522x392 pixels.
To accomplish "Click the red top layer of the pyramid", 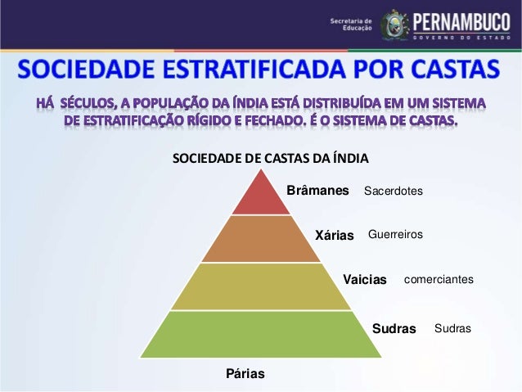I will [261, 198].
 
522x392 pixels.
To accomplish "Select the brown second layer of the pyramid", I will [261, 239].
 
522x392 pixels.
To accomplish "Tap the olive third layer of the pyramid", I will [261, 286].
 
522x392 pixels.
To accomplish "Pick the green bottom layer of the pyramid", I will [261, 334].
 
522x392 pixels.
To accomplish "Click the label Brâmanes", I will [317, 191].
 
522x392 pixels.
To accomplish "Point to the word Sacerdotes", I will [393, 191].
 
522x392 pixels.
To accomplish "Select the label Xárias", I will [335, 236].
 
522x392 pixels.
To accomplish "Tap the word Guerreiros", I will [395, 235].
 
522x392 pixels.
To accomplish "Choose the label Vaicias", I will [364, 280].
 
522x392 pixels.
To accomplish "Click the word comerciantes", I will [439, 279].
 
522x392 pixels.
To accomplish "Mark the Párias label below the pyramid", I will [245, 374].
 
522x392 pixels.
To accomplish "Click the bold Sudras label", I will [394, 329].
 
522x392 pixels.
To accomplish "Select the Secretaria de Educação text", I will [350, 23].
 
